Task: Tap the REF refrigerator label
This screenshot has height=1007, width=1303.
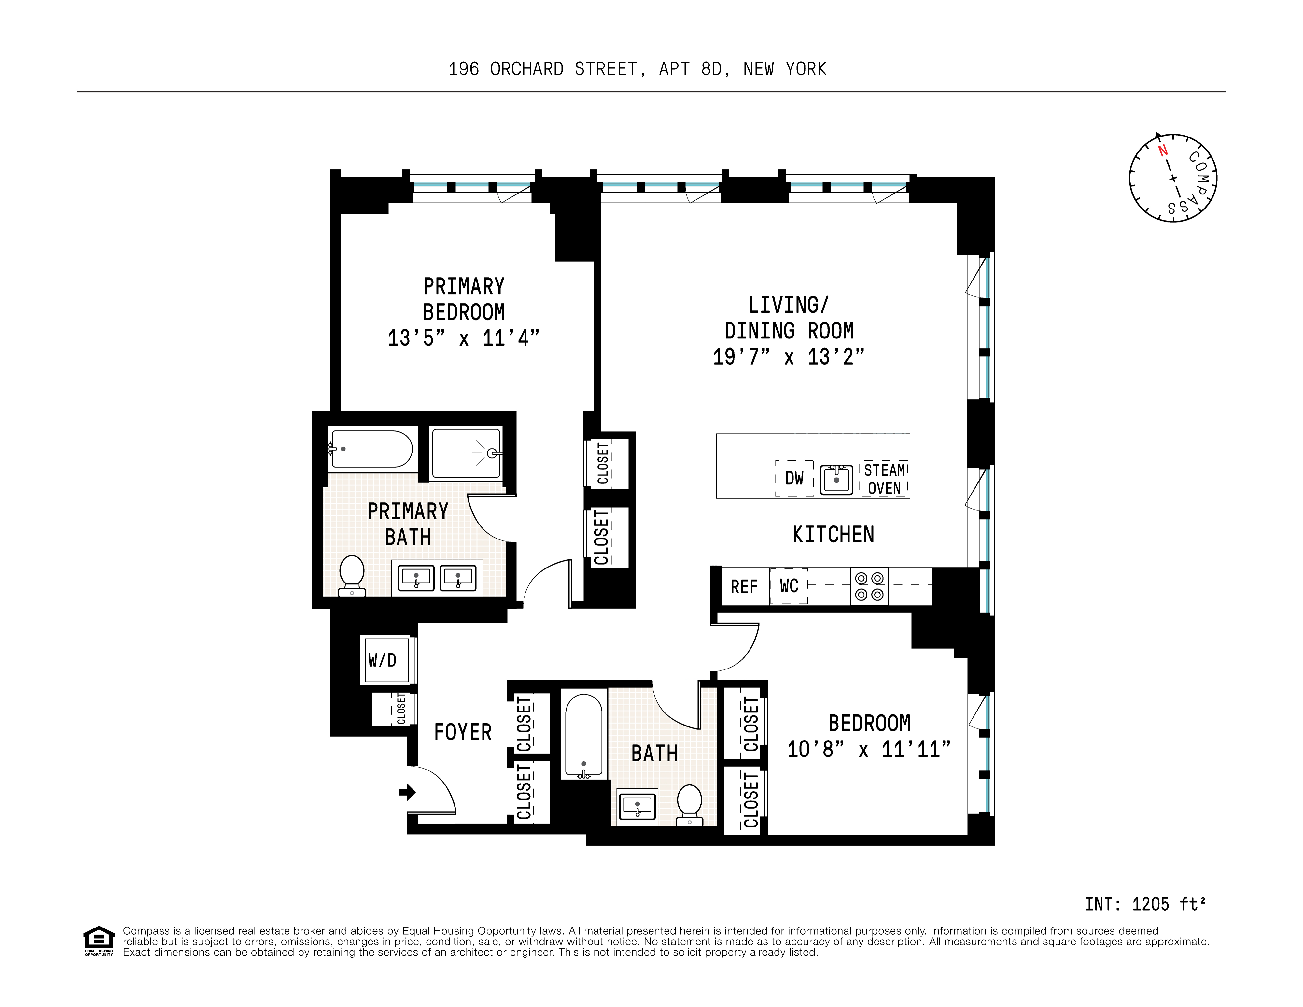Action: pos(744,587)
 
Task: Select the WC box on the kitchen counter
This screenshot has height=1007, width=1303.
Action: pos(789,586)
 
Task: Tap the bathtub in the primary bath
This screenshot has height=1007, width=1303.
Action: pos(371,449)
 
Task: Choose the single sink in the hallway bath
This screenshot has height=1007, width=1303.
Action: pos(637,807)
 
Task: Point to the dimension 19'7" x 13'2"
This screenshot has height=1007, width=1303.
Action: pos(788,357)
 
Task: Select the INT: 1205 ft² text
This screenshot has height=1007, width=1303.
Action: pos(1145,904)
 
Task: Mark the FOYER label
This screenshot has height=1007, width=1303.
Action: pos(462,732)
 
